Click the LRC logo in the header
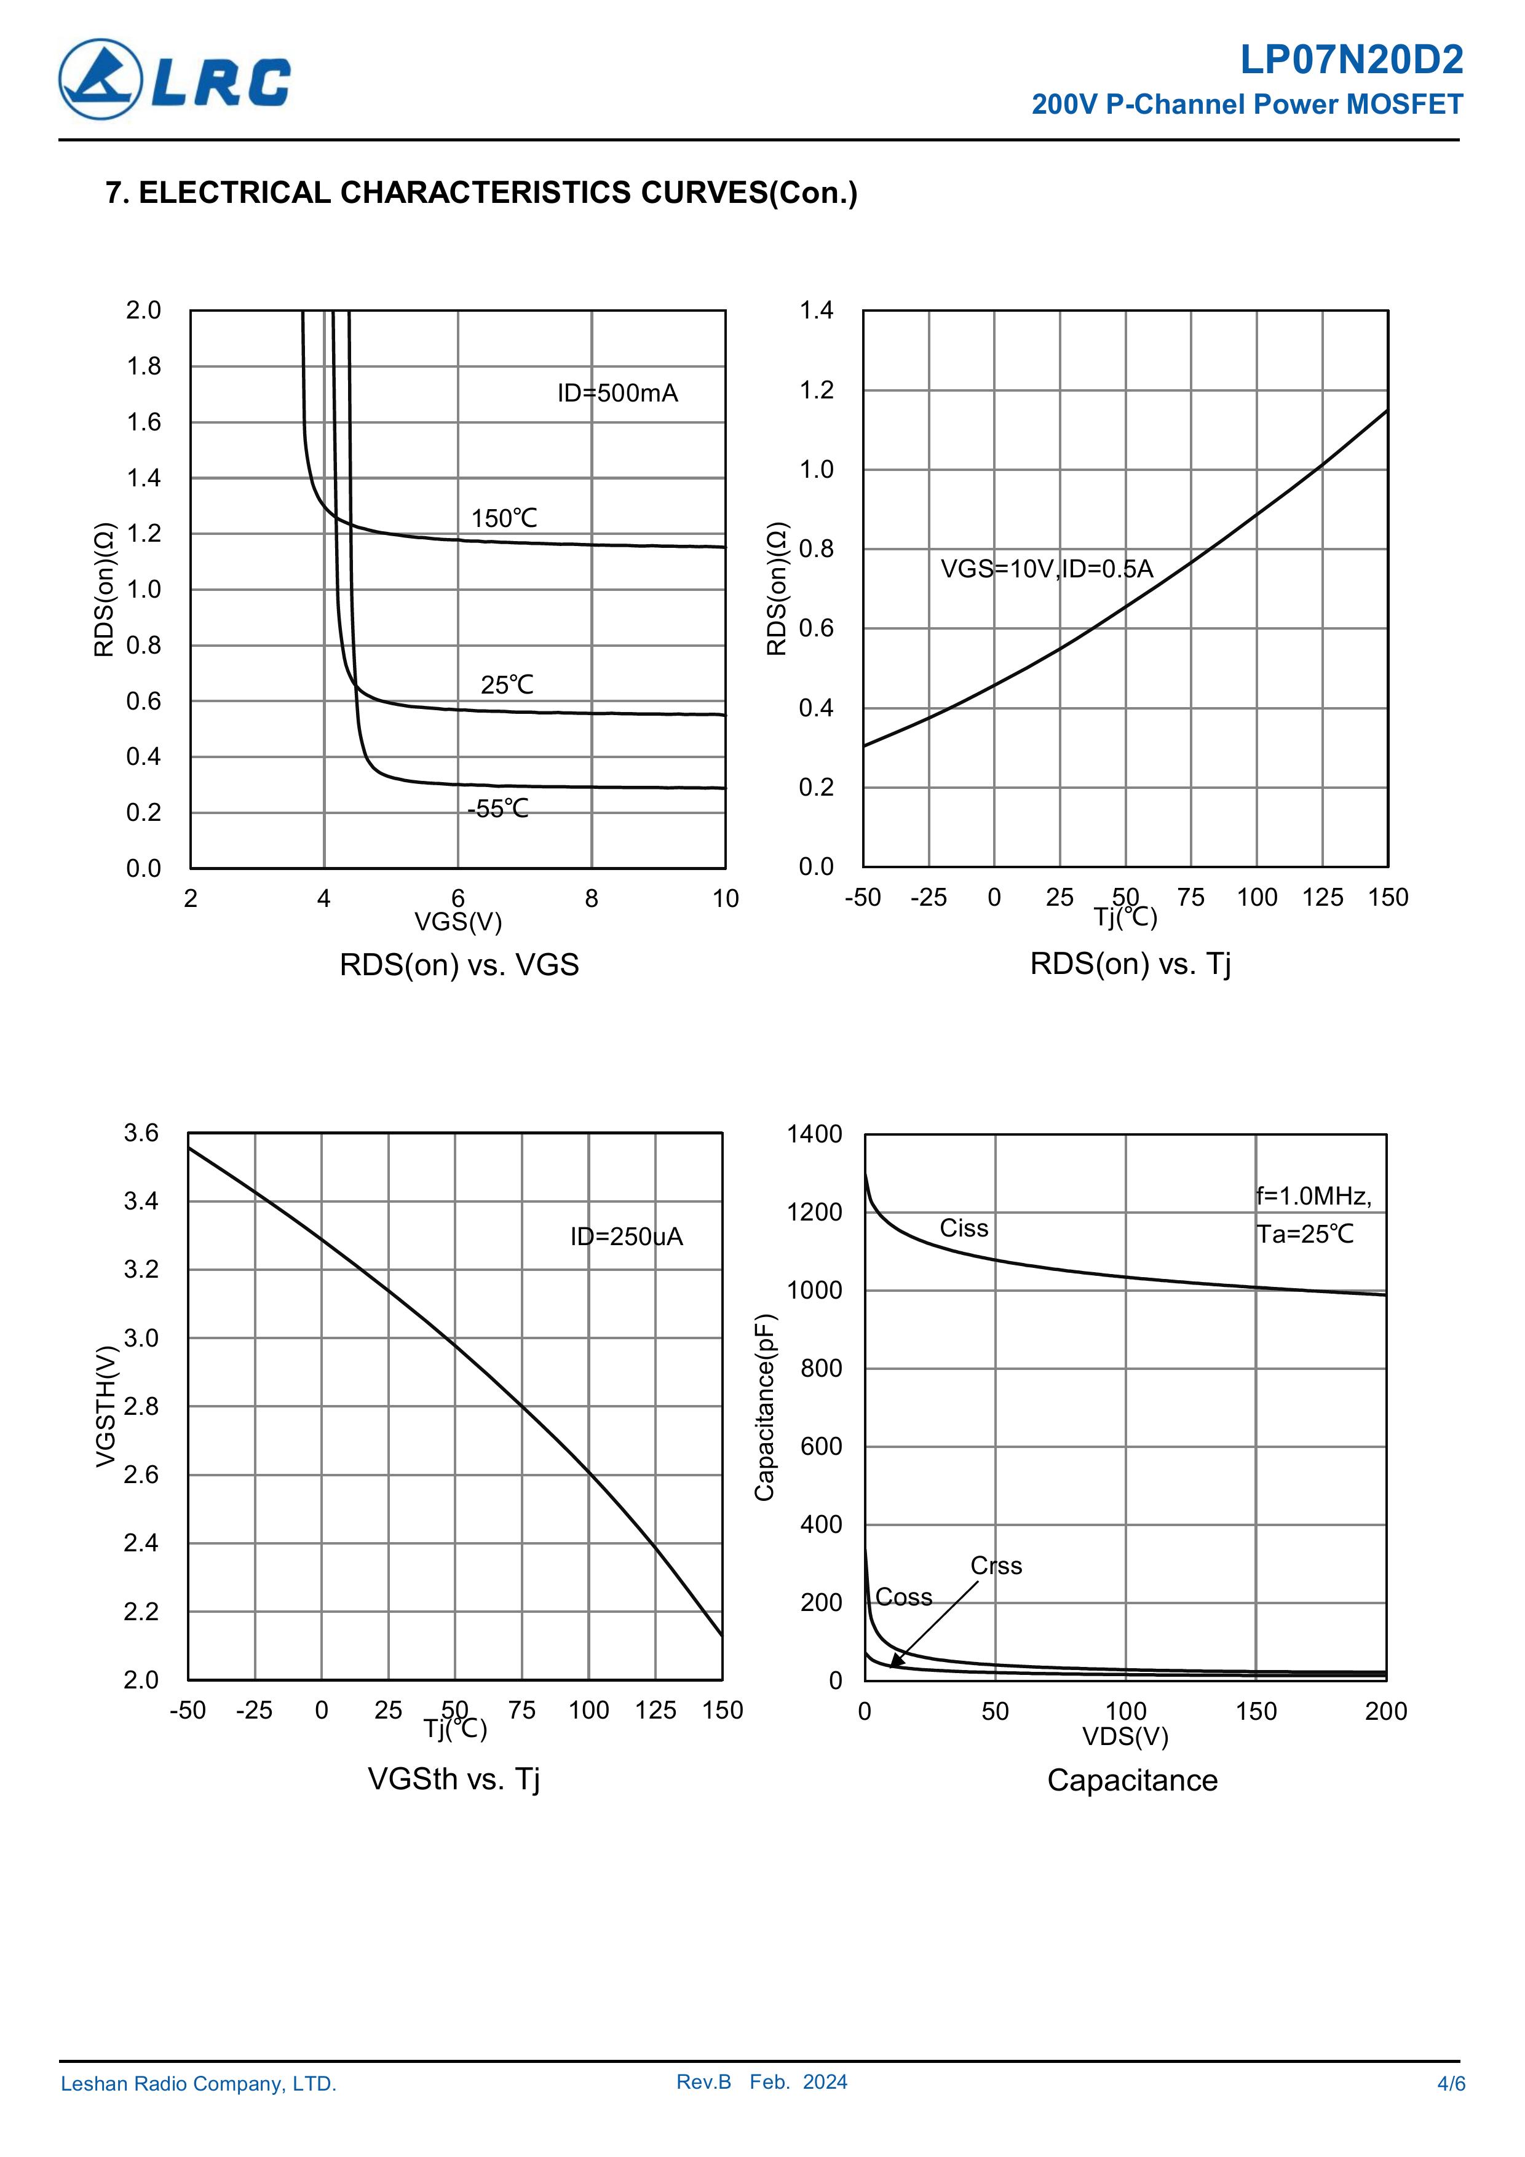click(175, 80)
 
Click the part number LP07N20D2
click(1350, 61)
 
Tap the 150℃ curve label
click(505, 518)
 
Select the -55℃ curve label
click(498, 809)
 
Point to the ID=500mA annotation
click(617, 393)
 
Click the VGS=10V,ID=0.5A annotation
click(1047, 569)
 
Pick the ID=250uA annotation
click(627, 1237)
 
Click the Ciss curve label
click(964, 1229)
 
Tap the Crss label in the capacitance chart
click(996, 1566)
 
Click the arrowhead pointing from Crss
click(895, 1662)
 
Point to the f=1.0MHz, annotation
click(1313, 1196)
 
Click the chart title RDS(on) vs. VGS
click(459, 965)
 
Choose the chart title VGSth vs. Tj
click(454, 1778)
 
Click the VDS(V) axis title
click(1125, 1736)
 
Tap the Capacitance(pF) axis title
click(765, 1407)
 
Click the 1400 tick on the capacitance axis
click(815, 1134)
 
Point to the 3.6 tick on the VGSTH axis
click(142, 1133)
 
